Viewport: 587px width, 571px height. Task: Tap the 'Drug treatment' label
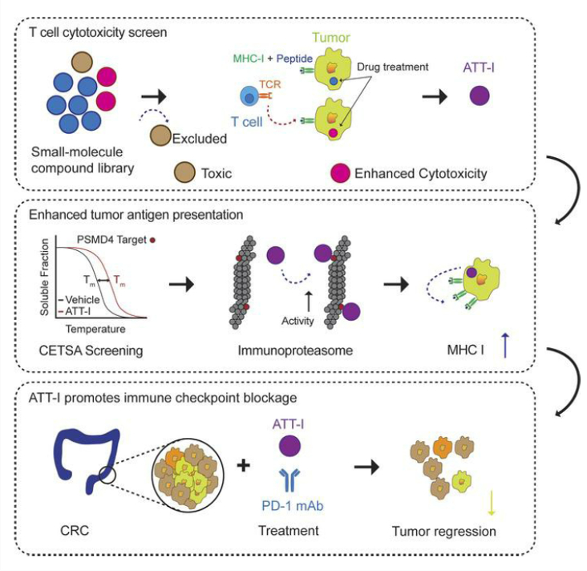pos(395,70)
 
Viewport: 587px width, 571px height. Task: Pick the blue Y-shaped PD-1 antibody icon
pos(290,481)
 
